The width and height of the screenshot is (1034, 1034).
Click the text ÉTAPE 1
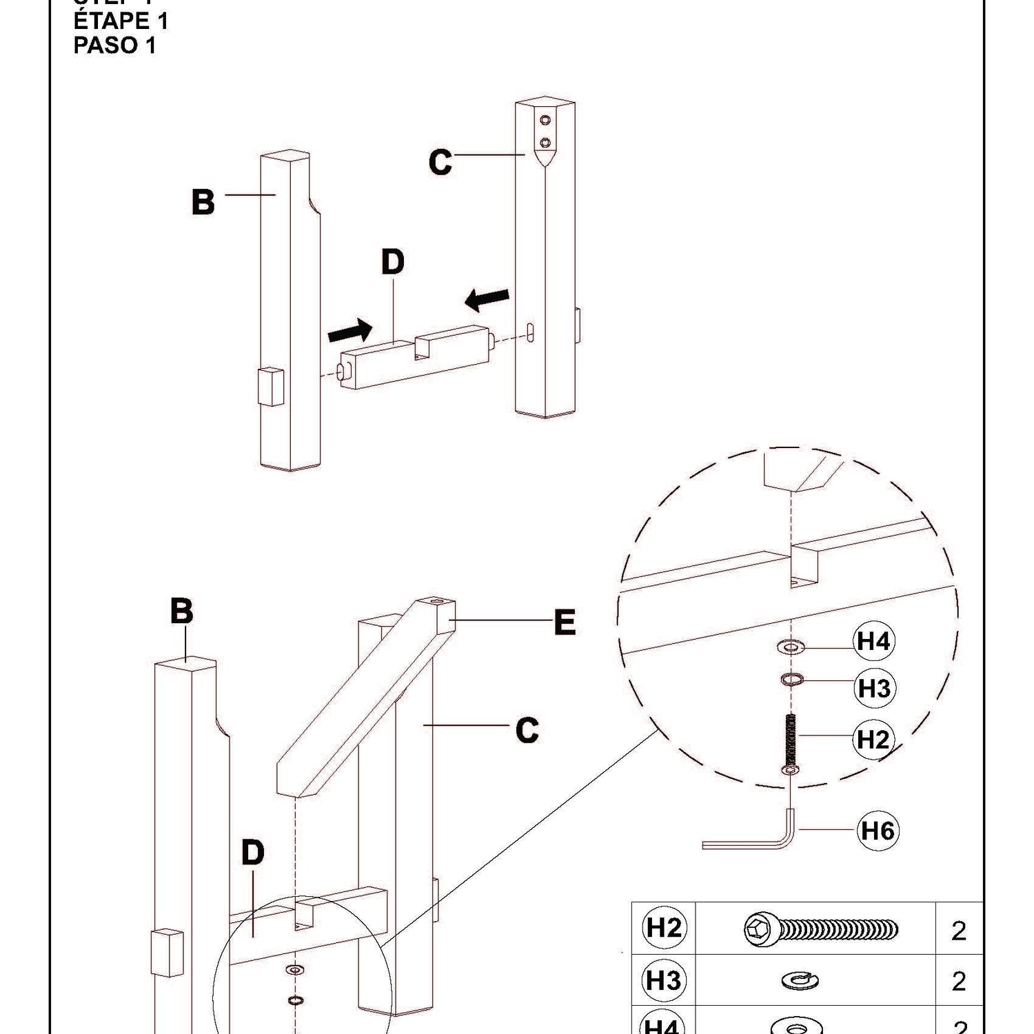coord(121,21)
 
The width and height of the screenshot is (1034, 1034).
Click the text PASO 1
coord(114,45)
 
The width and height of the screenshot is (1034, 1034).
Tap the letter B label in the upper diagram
coord(203,202)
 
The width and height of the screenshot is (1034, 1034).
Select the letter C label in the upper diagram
coord(440,163)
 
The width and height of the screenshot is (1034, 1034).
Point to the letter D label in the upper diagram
coord(393,262)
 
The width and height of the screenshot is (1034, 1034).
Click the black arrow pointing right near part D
coord(349,332)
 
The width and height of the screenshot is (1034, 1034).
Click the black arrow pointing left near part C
coord(487,298)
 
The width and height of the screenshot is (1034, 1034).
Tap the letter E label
coord(565,623)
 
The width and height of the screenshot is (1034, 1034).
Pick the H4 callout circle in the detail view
coord(873,642)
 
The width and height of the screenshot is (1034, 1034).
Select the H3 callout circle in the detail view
coord(874,688)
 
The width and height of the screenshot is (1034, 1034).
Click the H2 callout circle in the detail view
coord(873,740)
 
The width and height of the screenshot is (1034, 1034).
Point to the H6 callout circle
coord(878,831)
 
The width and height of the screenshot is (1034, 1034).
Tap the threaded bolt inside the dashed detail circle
coord(791,741)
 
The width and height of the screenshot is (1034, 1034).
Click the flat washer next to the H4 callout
coord(791,647)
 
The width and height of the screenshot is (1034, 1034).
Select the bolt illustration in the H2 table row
coord(820,929)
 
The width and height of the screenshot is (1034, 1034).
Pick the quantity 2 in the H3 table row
coord(959,981)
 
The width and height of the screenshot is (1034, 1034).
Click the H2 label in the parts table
coord(664,929)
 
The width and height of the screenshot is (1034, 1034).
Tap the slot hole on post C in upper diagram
coord(531,332)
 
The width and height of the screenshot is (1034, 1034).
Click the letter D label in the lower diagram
coord(253,853)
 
